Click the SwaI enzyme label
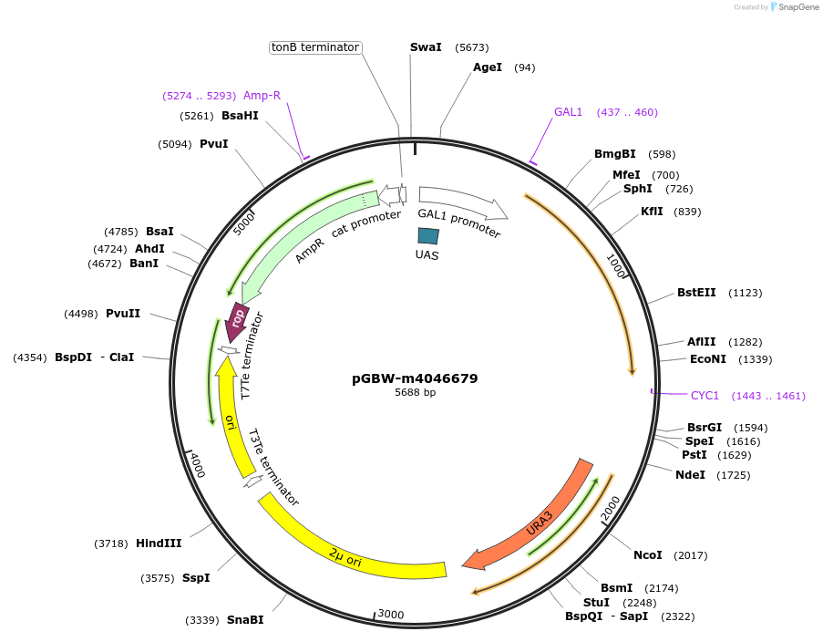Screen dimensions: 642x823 pos(426,47)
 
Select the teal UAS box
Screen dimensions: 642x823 pos(428,235)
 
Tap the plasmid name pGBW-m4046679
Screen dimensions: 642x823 pos(415,378)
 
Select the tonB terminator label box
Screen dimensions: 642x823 pos(315,47)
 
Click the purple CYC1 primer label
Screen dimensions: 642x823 pos(705,396)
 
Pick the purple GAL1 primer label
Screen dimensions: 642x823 pos(568,112)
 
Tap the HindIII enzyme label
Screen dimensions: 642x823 pos(159,544)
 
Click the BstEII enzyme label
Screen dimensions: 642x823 pos(696,293)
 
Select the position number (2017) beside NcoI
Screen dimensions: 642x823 pos(690,555)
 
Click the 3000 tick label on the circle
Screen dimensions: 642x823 pos(390,615)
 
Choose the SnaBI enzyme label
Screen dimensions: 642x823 pos(245,620)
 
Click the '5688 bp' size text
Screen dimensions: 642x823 pos(415,392)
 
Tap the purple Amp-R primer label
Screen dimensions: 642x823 pos(262,96)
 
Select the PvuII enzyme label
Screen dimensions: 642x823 pos(123,314)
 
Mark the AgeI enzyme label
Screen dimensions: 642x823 pos(488,67)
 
